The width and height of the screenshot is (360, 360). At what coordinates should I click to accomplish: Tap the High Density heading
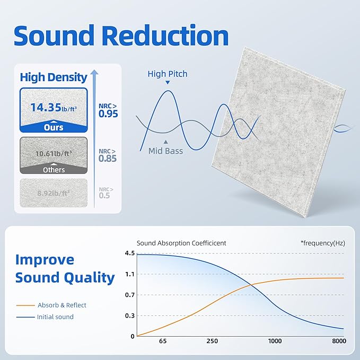(54, 77)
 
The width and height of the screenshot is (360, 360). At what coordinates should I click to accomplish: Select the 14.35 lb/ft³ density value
(54, 108)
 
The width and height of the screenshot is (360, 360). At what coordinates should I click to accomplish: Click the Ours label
(54, 127)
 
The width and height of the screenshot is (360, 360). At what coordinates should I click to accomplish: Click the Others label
(54, 170)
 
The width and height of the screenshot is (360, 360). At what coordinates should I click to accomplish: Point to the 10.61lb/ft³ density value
(54, 154)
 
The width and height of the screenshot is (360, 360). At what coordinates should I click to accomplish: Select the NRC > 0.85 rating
(108, 155)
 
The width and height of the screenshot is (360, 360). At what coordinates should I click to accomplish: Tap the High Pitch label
(168, 74)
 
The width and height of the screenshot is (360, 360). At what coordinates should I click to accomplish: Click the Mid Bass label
(165, 151)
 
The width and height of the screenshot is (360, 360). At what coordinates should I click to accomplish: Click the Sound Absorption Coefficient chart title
(181, 243)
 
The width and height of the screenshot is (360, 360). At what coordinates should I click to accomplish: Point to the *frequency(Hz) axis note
(323, 243)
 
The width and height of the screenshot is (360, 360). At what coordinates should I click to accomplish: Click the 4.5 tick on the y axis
(129, 253)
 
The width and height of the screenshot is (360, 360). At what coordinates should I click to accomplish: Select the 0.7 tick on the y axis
(129, 295)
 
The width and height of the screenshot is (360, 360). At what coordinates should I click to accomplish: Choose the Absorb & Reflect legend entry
(62, 305)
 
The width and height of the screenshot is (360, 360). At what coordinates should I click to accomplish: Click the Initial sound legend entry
(55, 317)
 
